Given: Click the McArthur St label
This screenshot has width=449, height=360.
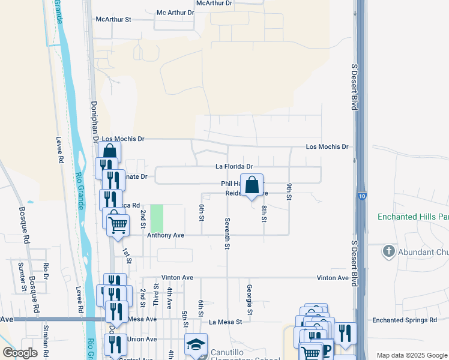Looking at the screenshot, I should (113, 19).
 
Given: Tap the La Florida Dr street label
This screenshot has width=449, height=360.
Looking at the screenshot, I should (234, 167).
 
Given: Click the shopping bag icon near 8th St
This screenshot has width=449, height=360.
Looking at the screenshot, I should (252, 185).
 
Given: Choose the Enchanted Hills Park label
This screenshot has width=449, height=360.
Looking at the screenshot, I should (413, 217).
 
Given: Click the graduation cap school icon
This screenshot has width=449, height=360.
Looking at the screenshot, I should (196, 345).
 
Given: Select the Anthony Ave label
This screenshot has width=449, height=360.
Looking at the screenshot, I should (166, 236).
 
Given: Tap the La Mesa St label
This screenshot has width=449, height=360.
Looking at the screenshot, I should (225, 322).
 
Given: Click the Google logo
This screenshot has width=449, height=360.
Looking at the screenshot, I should (20, 353).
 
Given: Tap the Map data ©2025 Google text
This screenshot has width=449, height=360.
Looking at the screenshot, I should (411, 355).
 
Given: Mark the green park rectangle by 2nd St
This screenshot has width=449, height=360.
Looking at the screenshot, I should (157, 218).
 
